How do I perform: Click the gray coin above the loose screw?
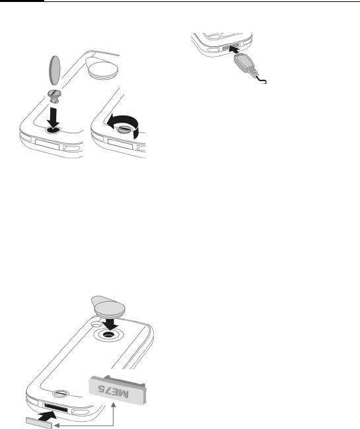pos(55,70)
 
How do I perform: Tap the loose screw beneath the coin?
pos(54,96)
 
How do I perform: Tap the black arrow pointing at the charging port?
pos(234,50)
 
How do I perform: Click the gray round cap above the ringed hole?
pos(108,306)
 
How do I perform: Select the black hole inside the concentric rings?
pos(108,335)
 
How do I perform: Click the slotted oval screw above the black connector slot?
pos(61,394)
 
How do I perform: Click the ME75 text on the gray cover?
pos(114,391)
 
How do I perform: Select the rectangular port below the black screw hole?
pos(47,145)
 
